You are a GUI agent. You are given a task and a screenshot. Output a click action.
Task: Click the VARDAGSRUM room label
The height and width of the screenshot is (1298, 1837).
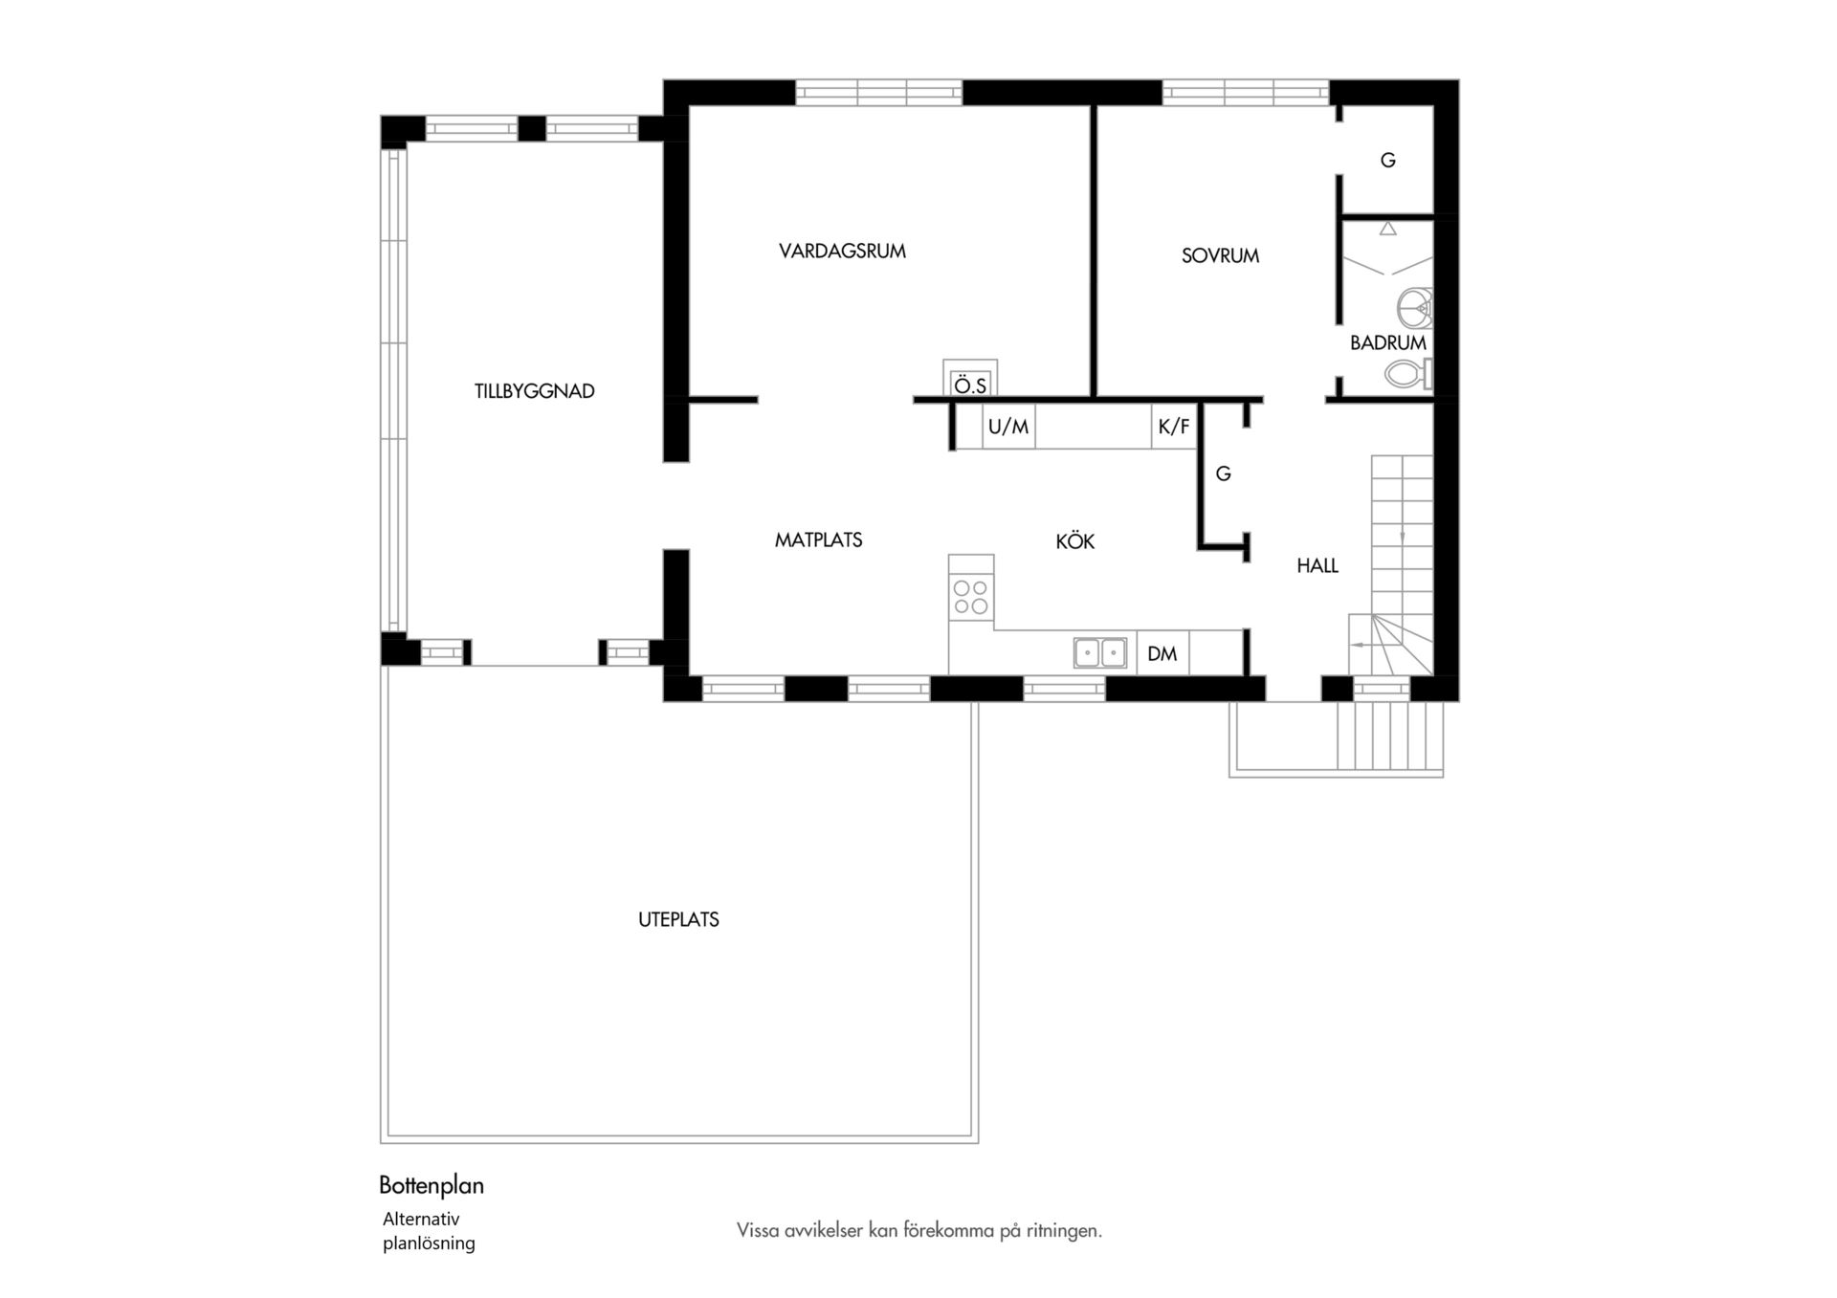pyautogui.click(x=842, y=252)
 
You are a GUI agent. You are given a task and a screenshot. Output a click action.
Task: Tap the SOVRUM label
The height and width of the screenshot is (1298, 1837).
pyautogui.click(x=1220, y=256)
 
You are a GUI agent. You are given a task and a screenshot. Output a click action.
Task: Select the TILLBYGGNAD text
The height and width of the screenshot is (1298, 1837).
pyautogui.click(x=535, y=391)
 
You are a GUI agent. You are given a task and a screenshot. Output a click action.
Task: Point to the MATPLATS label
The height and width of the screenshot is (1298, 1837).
pyautogui.click(x=818, y=540)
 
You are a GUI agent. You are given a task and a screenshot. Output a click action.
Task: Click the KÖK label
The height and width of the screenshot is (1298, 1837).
pyautogui.click(x=1074, y=541)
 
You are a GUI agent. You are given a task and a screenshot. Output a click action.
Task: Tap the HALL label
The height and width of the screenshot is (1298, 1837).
pyautogui.click(x=1317, y=566)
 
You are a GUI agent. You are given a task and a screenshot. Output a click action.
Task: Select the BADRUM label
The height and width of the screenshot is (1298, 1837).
pyautogui.click(x=1388, y=342)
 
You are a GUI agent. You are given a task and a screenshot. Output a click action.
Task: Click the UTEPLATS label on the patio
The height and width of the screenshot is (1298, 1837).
pyautogui.click(x=678, y=920)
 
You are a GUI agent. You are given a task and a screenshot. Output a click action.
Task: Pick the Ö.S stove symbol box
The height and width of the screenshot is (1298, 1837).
pyautogui.click(x=970, y=377)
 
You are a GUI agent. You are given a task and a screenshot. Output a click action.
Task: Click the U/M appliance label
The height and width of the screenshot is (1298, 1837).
pyautogui.click(x=1008, y=427)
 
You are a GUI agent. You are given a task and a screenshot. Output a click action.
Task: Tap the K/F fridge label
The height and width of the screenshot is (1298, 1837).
pyautogui.click(x=1174, y=427)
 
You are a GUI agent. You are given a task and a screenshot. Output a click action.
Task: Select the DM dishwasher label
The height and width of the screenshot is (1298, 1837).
pyautogui.click(x=1162, y=654)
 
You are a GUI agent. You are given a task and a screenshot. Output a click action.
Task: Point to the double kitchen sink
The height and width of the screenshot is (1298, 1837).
pyautogui.click(x=1099, y=652)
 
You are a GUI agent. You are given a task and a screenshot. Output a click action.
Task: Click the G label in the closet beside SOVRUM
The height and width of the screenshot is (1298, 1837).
pyautogui.click(x=1387, y=161)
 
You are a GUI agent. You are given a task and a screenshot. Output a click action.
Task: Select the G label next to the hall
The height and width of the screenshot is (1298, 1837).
pyautogui.click(x=1223, y=474)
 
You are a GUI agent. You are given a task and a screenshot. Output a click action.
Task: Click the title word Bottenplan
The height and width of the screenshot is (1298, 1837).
pyautogui.click(x=432, y=1186)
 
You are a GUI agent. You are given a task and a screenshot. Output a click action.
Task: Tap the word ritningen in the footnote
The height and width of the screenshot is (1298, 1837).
pyautogui.click(x=1064, y=1231)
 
